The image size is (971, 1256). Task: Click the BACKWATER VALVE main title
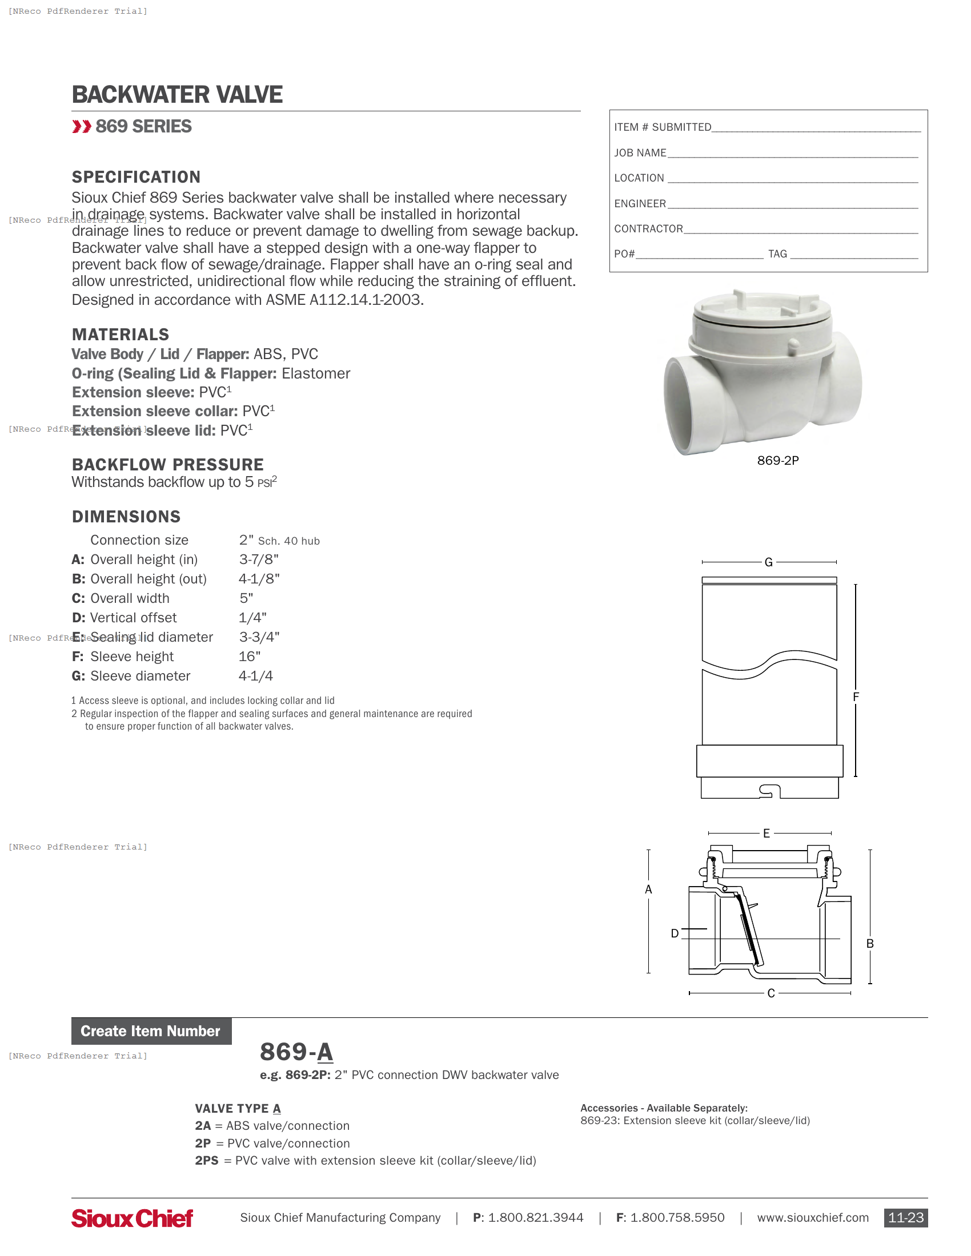(x=176, y=95)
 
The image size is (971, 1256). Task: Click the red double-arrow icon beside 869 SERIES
(x=82, y=127)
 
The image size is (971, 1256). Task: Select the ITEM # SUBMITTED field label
(x=662, y=127)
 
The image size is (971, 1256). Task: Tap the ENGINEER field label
(x=640, y=204)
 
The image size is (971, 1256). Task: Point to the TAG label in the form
(x=777, y=254)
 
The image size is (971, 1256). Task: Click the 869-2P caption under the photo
(x=778, y=461)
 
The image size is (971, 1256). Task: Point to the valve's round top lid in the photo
(x=761, y=311)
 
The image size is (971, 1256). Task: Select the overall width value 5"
(x=246, y=598)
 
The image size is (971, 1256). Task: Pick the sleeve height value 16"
(x=250, y=656)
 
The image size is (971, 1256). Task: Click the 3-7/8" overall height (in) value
(x=259, y=559)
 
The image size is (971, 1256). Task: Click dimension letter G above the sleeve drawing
(x=768, y=562)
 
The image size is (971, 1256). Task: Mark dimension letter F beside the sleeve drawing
(x=856, y=697)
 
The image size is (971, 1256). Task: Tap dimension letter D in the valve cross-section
(x=675, y=933)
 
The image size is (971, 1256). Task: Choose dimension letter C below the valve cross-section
(x=771, y=993)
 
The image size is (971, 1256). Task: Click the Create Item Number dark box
(x=151, y=1031)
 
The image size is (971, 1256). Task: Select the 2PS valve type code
(x=207, y=1161)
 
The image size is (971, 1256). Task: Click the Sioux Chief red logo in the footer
(x=133, y=1218)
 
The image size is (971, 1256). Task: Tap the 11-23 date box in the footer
(x=905, y=1218)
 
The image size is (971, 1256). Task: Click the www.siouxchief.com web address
(x=812, y=1218)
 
